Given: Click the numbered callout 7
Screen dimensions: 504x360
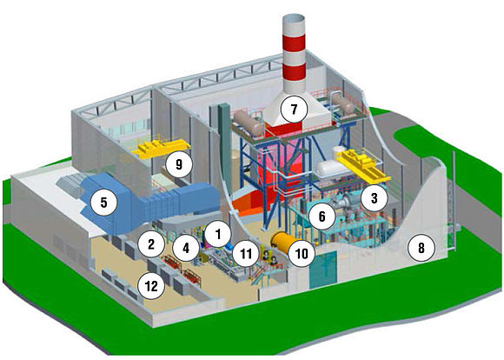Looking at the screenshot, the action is pos(294,109).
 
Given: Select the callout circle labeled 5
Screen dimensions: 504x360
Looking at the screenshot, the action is pos(103,203).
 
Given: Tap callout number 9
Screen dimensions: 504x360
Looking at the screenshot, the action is pos(179,164).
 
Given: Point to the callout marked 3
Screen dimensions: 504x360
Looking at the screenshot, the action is pos(375,198).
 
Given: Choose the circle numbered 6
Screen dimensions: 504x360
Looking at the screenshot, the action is pos(322,217).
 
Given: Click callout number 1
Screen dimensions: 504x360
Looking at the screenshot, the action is pos(218,234).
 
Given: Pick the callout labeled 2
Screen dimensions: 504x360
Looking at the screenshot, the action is pos(151,243).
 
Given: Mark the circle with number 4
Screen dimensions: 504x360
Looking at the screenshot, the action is pos(186,248).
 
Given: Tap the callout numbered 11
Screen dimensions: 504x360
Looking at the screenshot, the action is pos(246,254).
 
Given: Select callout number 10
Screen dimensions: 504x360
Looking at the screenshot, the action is pos(302,254).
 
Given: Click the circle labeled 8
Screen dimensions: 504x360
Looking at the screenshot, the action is pos(421,248).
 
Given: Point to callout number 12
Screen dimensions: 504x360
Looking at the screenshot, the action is pos(151,285).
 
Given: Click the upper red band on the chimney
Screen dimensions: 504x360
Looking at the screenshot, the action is pos(294,43).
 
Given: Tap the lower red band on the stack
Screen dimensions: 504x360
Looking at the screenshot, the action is pos(294,73).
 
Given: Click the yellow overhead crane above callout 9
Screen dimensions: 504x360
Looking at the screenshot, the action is pos(161,149).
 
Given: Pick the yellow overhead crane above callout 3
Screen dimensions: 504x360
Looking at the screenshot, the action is pos(362,167).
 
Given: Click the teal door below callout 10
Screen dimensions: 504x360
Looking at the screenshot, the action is pos(322,270).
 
